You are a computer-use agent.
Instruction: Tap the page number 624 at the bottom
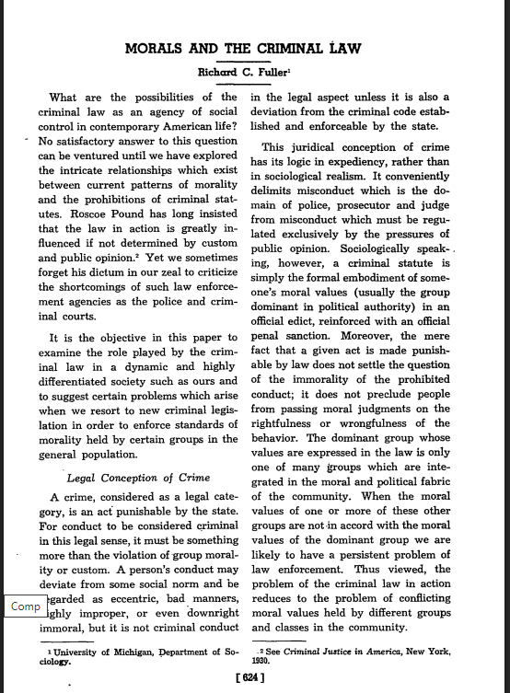tap(253, 679)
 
